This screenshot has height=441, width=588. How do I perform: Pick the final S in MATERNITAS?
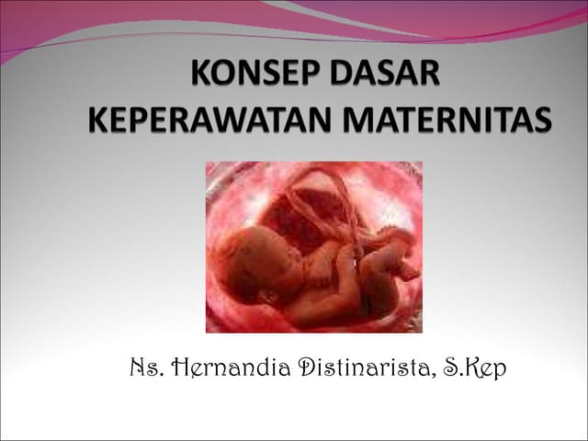543,119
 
